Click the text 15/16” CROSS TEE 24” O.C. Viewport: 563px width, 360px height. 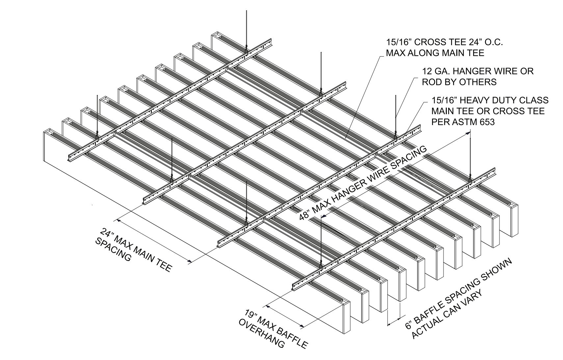(x=444, y=42)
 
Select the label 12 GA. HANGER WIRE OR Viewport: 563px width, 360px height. (x=477, y=71)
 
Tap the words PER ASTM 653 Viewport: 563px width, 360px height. (x=463, y=122)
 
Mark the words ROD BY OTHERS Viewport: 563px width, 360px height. (x=459, y=82)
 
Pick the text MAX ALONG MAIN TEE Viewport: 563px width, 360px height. (x=435, y=53)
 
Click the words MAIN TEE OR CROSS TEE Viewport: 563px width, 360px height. (x=488, y=111)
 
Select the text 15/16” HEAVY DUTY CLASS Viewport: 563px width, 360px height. (x=490, y=100)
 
